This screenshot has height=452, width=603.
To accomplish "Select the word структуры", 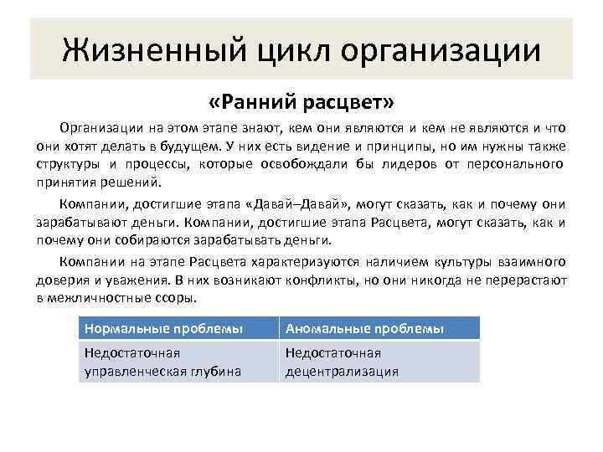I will click(x=66, y=164).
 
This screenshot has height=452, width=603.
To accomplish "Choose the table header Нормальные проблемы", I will click(x=163, y=329).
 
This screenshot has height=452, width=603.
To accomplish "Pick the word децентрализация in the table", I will click(x=342, y=371).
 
